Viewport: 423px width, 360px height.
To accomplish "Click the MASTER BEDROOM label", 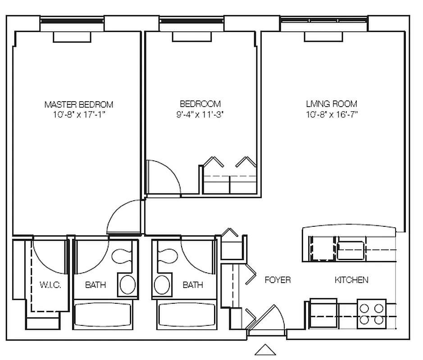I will pos(78,104).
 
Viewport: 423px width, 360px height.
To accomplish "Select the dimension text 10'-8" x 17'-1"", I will pos(78,114).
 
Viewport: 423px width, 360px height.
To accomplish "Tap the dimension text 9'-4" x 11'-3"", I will pos(200,114).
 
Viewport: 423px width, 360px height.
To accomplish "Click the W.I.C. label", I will pos(50,285).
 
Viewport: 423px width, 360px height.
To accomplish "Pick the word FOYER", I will pos(277,280).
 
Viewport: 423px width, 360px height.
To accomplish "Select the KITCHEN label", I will pos(351,280).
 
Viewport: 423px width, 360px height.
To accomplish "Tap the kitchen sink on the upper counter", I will pos(350,250).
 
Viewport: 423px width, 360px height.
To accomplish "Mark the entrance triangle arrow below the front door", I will pos(265,350).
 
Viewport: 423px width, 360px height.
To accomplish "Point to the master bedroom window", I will pos(72,21).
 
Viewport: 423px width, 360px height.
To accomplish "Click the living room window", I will pos(324,20).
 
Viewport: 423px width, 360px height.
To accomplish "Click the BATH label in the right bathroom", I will pos(193,285).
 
